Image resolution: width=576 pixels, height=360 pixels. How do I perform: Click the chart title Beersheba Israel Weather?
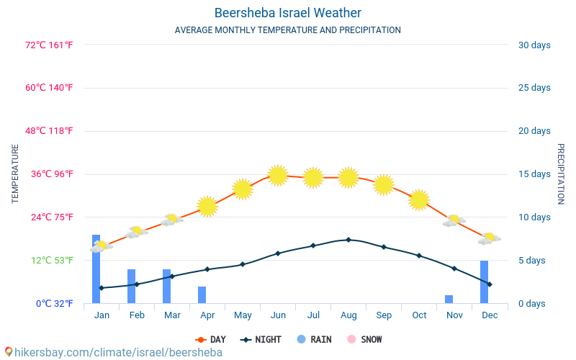coord(288,13)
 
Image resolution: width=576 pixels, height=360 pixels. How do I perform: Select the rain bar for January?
coord(96,269)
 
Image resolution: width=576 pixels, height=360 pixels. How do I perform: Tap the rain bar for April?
coord(202,295)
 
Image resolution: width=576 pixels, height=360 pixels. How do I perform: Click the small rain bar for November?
coord(449,300)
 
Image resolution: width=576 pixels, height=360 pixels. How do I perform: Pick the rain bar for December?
coord(485,282)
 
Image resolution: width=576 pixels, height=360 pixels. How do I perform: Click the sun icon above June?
coord(278,175)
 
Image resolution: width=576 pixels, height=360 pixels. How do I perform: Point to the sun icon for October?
coord(419,199)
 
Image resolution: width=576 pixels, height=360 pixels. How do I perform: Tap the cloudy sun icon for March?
coord(171,220)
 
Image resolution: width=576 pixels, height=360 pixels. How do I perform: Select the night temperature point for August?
coord(348,240)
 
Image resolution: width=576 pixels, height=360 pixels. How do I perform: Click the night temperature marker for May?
coord(243,264)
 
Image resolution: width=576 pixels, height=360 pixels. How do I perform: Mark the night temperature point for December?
coord(490,284)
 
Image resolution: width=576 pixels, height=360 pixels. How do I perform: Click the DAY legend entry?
coord(210,340)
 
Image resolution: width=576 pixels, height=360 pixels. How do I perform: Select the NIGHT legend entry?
coord(261,340)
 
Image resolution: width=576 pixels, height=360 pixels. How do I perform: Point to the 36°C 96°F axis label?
coord(50,174)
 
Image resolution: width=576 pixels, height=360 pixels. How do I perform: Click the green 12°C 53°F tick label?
coord(50,261)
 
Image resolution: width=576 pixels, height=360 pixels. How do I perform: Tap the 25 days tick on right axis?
coord(534,88)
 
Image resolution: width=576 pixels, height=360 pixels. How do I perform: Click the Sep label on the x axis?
coord(384,315)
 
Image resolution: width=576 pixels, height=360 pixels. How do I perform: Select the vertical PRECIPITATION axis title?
coord(561,174)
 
